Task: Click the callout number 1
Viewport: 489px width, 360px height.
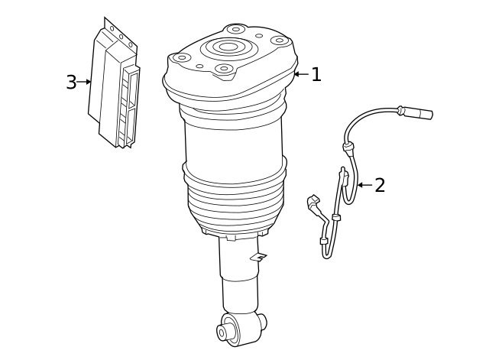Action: tap(316, 75)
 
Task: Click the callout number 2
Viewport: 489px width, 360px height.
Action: tap(380, 186)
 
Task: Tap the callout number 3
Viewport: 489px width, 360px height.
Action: tap(71, 83)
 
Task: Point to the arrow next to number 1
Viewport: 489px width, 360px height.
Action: tap(301, 74)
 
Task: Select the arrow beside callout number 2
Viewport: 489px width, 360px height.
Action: tap(364, 185)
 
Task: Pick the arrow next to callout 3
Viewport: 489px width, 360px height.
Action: tap(86, 82)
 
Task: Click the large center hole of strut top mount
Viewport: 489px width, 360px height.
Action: tap(227, 47)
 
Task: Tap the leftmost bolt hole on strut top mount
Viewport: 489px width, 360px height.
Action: tap(182, 58)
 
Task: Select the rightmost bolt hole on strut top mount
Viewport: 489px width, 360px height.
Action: tap(279, 41)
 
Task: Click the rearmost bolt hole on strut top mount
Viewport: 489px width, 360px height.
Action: tap(236, 29)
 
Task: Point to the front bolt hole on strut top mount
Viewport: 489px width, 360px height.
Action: tap(224, 70)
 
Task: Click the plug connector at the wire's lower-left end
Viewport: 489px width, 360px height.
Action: tap(312, 203)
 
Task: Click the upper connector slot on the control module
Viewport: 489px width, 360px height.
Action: tap(132, 89)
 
